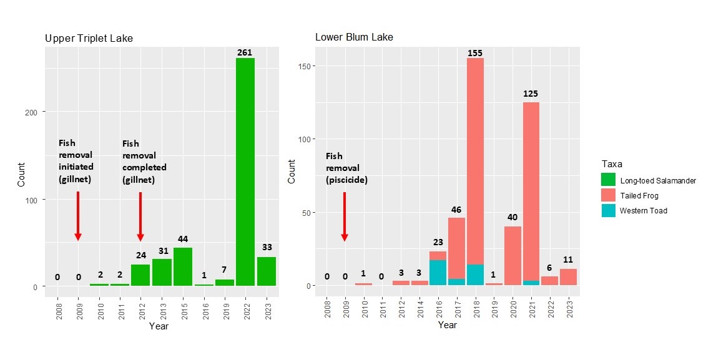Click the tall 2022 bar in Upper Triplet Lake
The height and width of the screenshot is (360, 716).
245,172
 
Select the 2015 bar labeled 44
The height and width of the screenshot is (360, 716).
183,267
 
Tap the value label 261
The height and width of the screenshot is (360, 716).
245,52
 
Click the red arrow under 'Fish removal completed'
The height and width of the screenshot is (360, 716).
140,216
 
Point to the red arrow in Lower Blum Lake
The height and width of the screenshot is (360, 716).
345,216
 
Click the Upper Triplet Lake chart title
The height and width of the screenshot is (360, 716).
89,39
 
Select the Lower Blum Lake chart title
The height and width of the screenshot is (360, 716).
354,37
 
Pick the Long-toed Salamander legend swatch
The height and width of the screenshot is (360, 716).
608,180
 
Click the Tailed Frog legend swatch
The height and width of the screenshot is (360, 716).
608,195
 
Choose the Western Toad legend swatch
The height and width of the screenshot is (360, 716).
608,210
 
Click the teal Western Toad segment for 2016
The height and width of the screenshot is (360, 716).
438,273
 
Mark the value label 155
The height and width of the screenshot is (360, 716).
475,53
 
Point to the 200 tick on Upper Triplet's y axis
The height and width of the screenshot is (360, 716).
36,112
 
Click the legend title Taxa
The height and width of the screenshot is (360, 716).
612,163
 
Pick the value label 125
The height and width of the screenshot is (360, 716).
531,94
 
